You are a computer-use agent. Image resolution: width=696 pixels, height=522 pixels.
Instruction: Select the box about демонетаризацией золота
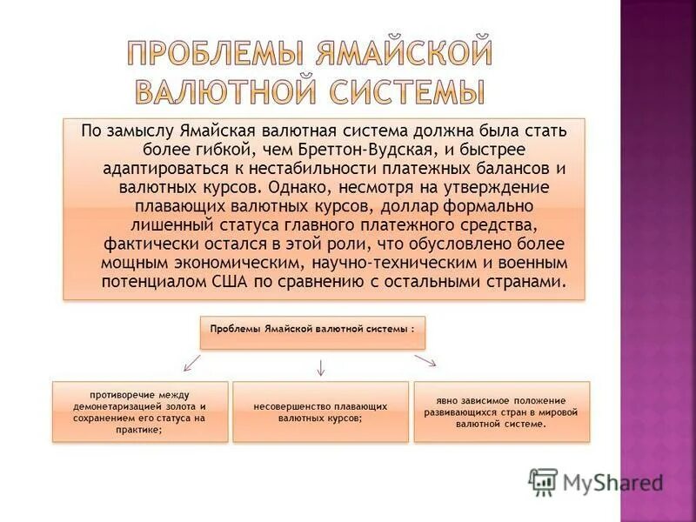[140, 411]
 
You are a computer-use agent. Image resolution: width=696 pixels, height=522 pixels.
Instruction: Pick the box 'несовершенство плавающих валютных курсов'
[321, 411]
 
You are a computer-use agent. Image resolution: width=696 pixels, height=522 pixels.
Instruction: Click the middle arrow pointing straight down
[320, 366]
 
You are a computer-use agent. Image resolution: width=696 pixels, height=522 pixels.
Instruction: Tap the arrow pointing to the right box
[425, 360]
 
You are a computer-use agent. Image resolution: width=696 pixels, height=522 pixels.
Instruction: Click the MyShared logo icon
[543, 481]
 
